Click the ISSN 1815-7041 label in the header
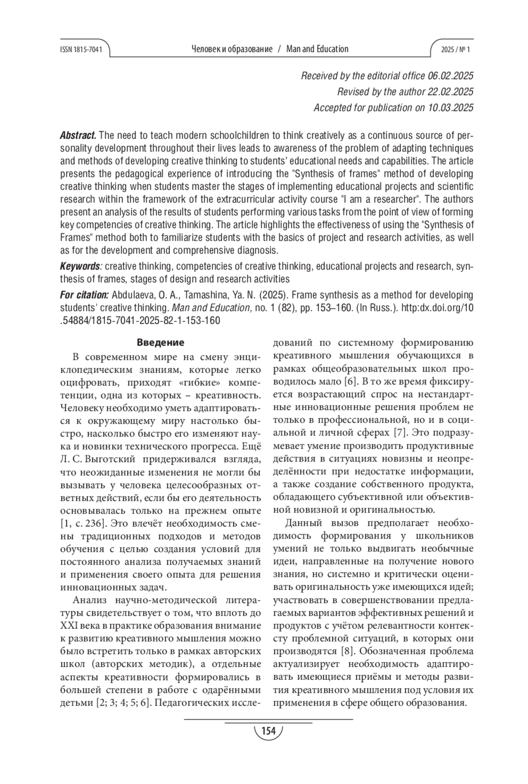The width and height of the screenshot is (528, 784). point(81,50)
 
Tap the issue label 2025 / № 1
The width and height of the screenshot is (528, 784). point(455,50)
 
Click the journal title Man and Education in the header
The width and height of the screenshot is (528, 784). point(317,49)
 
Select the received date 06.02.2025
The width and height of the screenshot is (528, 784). point(451,76)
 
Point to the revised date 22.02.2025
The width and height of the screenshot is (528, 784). point(451,92)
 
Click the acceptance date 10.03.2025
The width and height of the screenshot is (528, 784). point(451,108)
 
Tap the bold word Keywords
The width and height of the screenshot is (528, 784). point(80,266)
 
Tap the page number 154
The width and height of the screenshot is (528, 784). point(268,731)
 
